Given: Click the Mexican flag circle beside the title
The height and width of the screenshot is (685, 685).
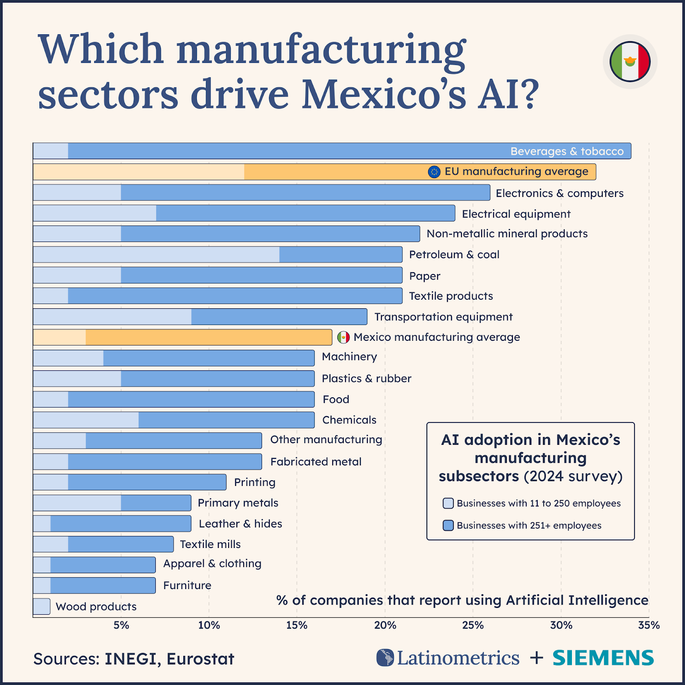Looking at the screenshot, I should click(x=630, y=62).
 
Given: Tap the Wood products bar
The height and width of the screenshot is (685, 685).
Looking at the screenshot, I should click(x=42, y=606).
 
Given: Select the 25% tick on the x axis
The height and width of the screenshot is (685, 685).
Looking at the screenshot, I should click(x=473, y=625).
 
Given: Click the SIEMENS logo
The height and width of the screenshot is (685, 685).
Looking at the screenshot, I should click(x=603, y=658).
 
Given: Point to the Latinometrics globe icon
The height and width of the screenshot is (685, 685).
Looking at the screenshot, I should click(x=385, y=658).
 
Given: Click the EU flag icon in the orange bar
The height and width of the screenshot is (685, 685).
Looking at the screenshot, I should click(x=434, y=172).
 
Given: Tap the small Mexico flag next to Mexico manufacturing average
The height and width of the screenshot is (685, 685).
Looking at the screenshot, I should click(x=343, y=337).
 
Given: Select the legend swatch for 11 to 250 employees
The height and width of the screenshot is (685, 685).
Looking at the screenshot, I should click(x=448, y=503).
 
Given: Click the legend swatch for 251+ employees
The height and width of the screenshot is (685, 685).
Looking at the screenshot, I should click(x=448, y=525).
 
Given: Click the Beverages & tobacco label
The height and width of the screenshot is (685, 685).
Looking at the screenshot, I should click(x=567, y=151).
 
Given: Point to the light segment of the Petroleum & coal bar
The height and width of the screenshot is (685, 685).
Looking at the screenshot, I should click(x=156, y=254).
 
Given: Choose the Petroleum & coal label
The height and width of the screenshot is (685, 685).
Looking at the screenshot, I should click(x=454, y=255).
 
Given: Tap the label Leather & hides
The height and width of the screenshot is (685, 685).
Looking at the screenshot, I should click(x=240, y=524).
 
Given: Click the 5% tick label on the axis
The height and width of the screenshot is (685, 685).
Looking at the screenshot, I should click(x=121, y=625).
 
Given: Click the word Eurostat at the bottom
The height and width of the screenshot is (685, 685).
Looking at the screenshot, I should click(x=200, y=659).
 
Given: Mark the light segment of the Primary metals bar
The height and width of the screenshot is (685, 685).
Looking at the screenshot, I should click(x=77, y=503).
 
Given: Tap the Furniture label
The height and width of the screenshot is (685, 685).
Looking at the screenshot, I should click(x=187, y=585).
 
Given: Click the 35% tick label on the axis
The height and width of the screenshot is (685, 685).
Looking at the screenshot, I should click(x=649, y=625).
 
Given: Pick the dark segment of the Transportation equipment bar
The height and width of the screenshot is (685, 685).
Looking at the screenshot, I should click(x=279, y=317).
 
